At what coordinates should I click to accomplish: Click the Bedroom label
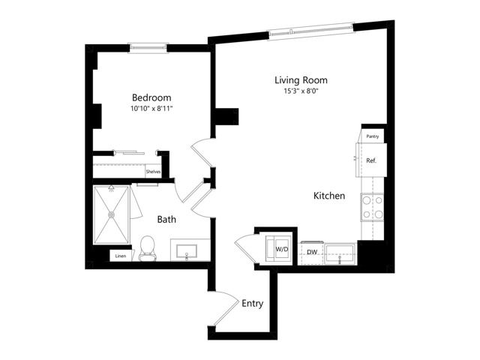pos(151,97)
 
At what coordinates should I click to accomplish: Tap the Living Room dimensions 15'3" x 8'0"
pos(301,91)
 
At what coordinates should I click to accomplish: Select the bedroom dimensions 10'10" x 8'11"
pos(151,108)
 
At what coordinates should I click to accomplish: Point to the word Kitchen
pos(329,196)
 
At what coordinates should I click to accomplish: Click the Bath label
pos(166,219)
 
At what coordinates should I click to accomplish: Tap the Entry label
pos(253,303)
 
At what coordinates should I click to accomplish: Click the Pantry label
pos(373,136)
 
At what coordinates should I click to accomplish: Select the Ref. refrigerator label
pos(371,160)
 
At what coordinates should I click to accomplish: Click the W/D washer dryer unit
pos(278,248)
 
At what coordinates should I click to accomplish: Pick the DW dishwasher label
pos(312,252)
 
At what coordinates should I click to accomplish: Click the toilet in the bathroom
pos(147,248)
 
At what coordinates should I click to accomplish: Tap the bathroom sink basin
pos(187,251)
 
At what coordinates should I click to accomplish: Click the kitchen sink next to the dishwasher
pos(340,253)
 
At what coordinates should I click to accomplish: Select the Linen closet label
pos(121,256)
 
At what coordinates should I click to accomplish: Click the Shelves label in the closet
pos(153,172)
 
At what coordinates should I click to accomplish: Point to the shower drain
pos(112,215)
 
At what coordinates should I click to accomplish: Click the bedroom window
pos(148,48)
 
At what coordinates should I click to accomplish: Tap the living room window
pos(311,31)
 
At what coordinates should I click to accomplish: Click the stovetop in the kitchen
pos(372,207)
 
